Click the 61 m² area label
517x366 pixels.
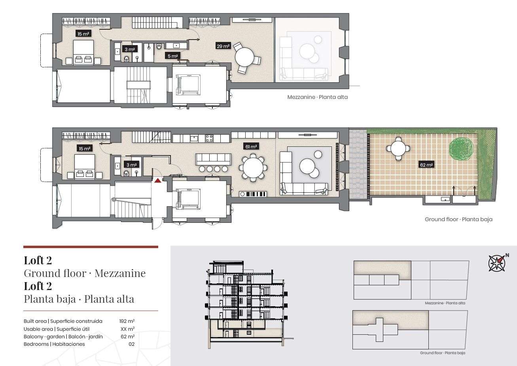click(x=251, y=146)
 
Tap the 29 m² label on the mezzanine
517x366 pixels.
click(x=223, y=46)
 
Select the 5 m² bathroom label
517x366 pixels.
click(x=172, y=56)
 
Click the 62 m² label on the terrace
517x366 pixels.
click(x=426, y=165)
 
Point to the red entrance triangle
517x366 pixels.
click(x=158, y=180)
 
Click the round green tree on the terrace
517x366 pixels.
click(x=461, y=148)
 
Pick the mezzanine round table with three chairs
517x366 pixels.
click(x=246, y=57)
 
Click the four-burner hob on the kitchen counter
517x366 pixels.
click(x=209, y=138)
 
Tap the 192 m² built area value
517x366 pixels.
click(x=127, y=321)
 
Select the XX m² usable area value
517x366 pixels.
click(x=127, y=329)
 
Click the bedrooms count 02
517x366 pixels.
click(x=132, y=344)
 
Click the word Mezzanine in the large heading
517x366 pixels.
click(x=120, y=273)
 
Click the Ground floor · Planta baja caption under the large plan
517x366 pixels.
click(x=458, y=219)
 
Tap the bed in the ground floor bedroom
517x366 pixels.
click(x=85, y=167)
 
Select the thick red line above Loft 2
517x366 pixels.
click(x=91, y=247)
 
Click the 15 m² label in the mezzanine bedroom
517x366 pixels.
click(x=83, y=34)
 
